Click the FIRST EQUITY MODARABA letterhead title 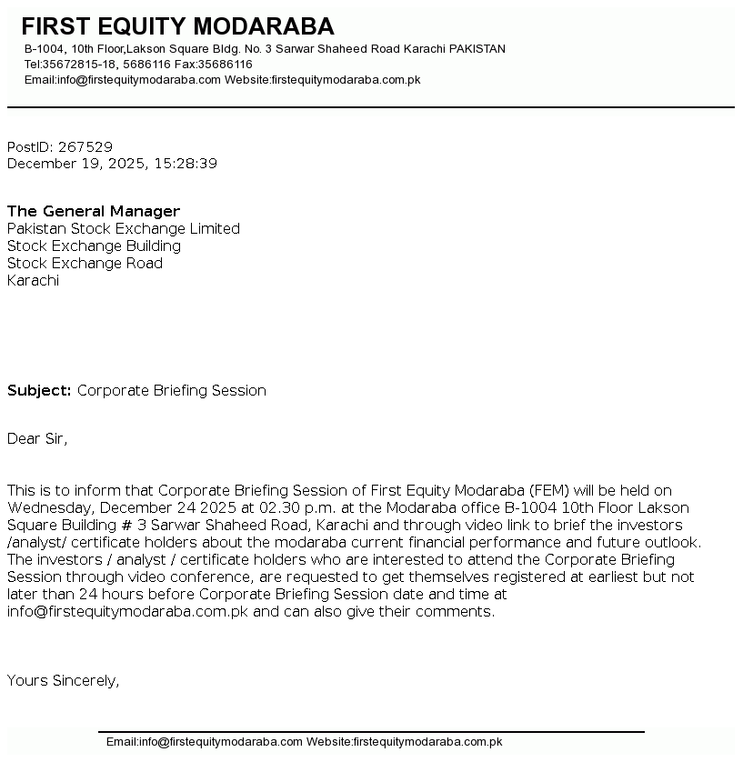coord(177,26)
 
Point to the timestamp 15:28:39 coord(186,164)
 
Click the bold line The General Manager coord(94,211)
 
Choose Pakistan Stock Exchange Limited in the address coord(124,228)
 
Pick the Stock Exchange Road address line coord(85,263)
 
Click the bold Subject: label coord(39,390)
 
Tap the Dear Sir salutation coord(37,438)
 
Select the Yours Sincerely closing coord(63,680)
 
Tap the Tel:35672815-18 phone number coord(69,65)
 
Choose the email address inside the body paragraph coord(127,611)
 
